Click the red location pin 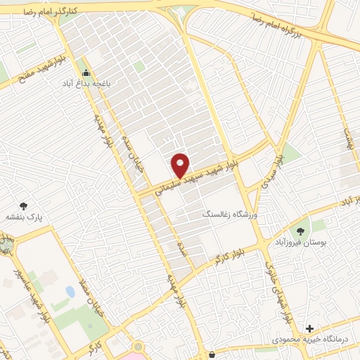pos(181,165)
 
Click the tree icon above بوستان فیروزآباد pos(301,231)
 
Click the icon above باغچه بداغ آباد pos(86,72)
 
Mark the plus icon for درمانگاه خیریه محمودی pos(310,328)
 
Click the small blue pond pos(70,290)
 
